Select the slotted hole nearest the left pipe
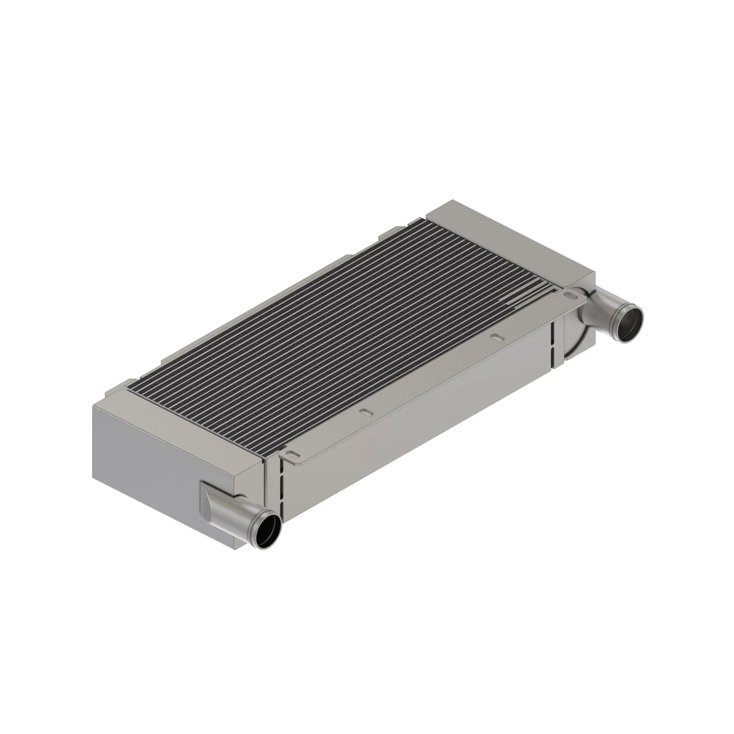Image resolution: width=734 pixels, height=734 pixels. point(292,454)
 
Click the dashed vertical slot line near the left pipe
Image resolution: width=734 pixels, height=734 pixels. point(281,490)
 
